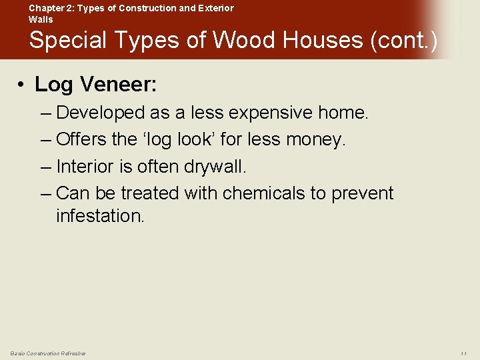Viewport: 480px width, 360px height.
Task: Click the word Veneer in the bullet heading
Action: click(x=119, y=84)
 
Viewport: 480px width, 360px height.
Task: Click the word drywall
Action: click(x=209, y=167)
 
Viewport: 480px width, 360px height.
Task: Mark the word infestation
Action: click(x=100, y=216)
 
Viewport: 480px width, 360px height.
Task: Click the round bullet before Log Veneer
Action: click(x=22, y=85)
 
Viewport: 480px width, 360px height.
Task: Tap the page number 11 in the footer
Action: click(x=464, y=353)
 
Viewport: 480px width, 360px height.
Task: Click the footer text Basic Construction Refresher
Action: click(x=48, y=353)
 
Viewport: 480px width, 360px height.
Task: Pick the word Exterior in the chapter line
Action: click(x=215, y=8)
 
